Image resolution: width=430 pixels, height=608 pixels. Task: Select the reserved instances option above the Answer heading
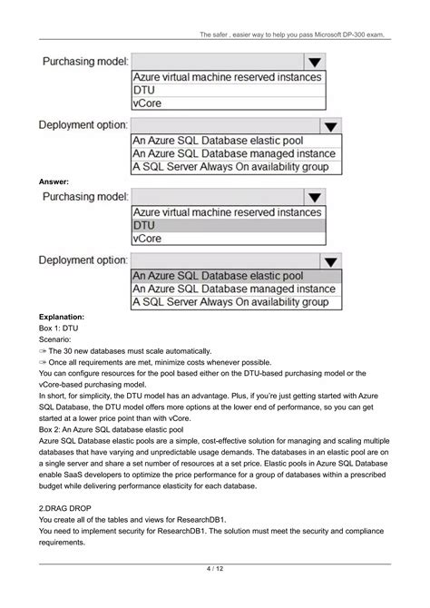[x=227, y=77]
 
